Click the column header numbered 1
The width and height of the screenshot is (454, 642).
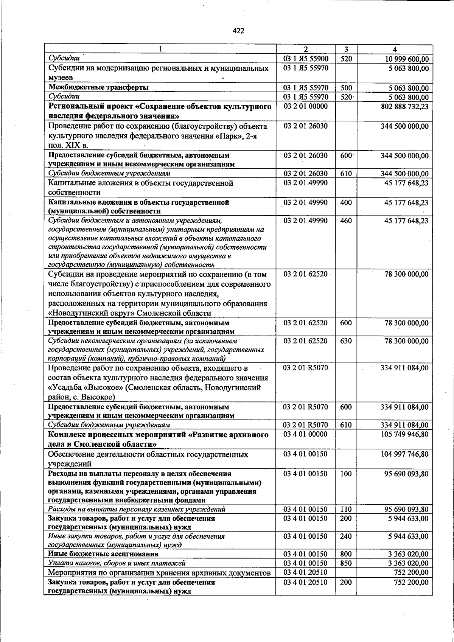pos(160,49)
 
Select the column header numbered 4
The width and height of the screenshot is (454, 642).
pos(395,49)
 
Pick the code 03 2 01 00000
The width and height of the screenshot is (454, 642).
pos(305,107)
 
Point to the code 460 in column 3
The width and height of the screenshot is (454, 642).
pos(346,221)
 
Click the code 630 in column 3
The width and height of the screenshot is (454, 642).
pos(346,341)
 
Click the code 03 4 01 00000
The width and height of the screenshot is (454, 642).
pos(305,434)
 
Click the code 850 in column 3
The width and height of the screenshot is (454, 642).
pos(346,563)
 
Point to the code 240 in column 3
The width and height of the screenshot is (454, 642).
pos(346,536)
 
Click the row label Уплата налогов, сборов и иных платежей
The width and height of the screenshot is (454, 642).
pos(117,563)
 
